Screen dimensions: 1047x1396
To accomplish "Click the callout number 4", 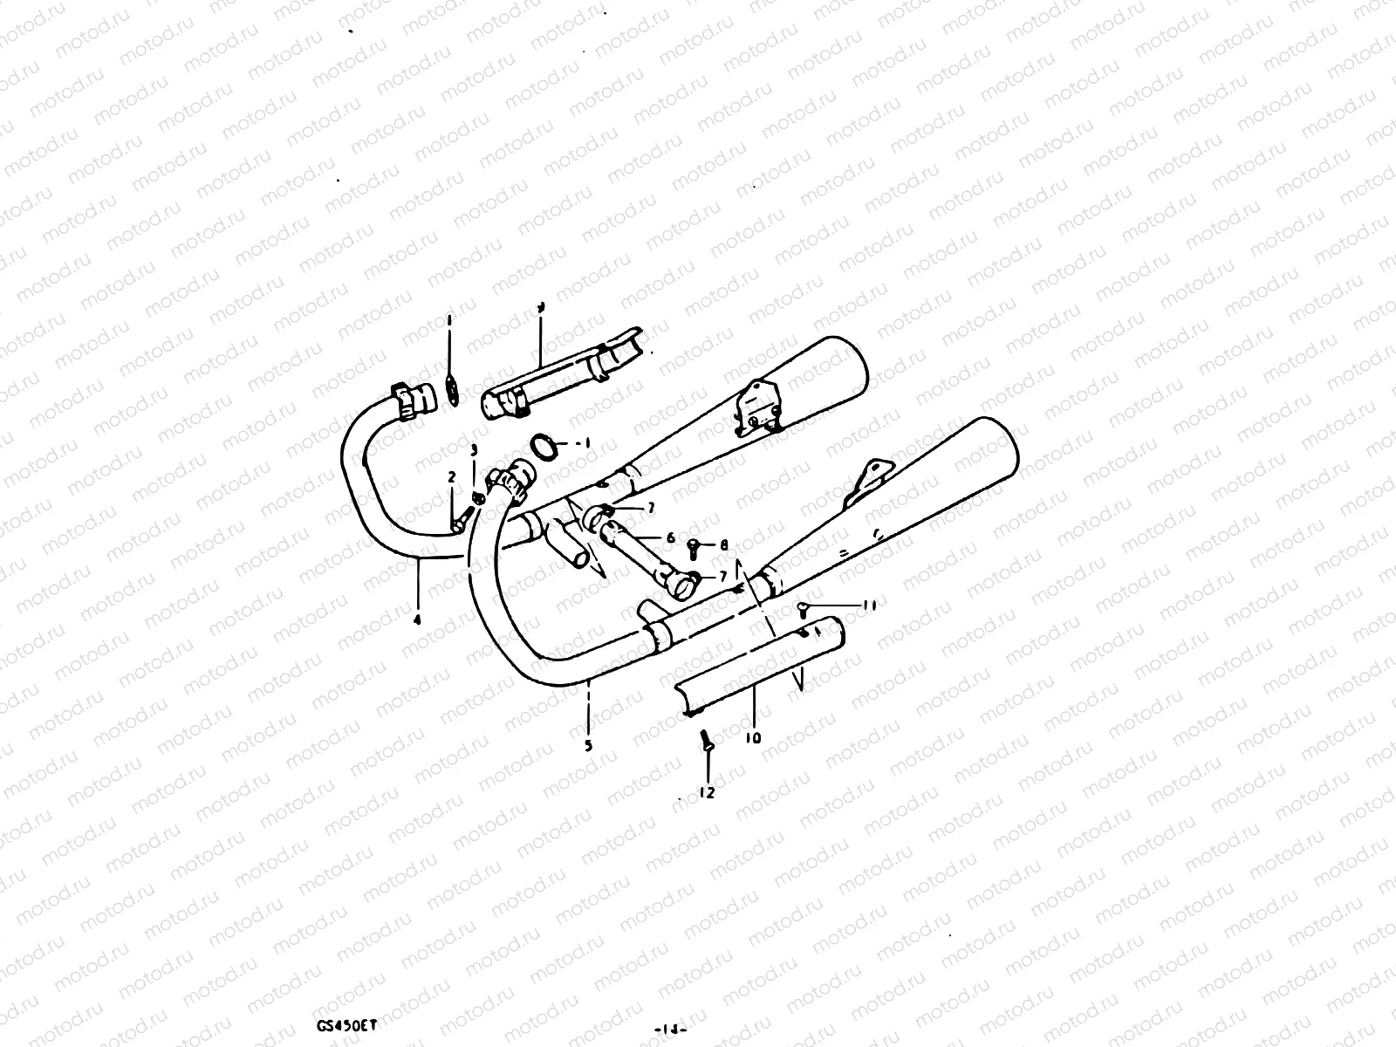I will pos(417,620).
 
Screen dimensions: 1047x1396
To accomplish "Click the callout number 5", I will pos(588,745).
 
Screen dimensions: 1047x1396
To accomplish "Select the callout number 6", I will pos(671,538).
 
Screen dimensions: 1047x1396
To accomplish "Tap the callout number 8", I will pos(723,545).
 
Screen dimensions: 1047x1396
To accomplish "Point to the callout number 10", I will pos(753,738).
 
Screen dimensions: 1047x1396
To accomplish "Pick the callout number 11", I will pos(869,604).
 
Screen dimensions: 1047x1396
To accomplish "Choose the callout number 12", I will pos(707,792).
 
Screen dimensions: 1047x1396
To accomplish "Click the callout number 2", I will pos(452,476).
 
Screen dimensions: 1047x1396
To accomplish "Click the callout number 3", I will pos(474,450).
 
